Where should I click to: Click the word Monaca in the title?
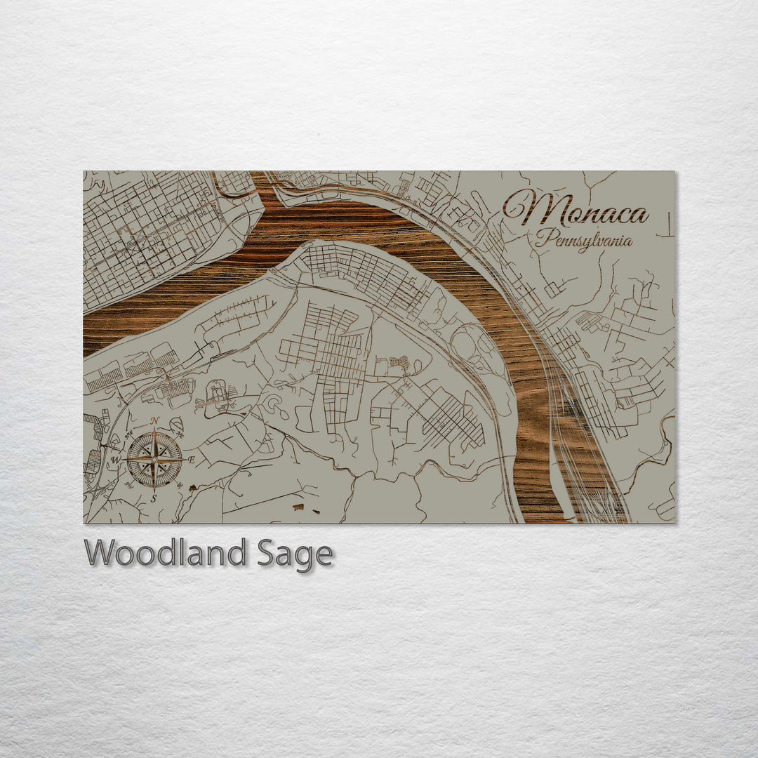click(x=576, y=209)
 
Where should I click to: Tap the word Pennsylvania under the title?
click(x=583, y=240)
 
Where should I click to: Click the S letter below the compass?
click(x=154, y=498)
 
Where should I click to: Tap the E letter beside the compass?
click(x=192, y=460)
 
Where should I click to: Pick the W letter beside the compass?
click(x=117, y=460)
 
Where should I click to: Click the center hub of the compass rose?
click(x=154, y=460)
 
